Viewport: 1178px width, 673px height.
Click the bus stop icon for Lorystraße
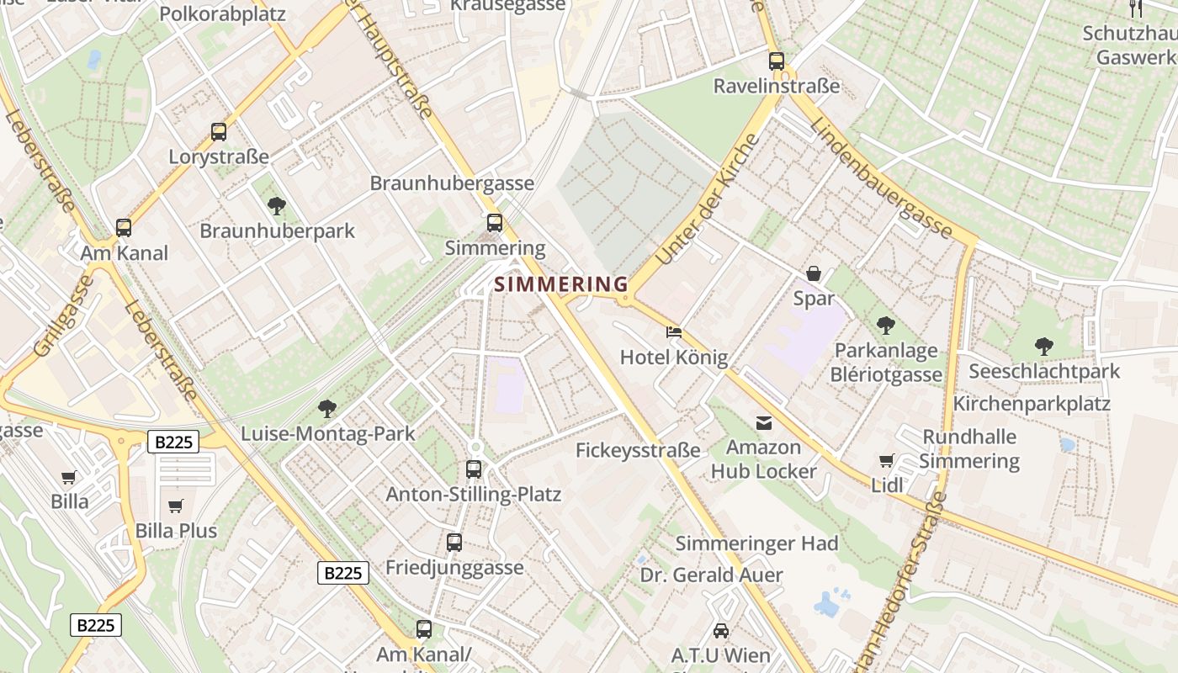pos(219,132)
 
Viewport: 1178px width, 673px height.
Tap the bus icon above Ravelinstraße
pos(776,61)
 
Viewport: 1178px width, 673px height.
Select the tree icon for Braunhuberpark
pos(276,205)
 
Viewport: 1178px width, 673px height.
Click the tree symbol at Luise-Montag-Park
pos(327,409)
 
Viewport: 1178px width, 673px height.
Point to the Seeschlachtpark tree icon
pos(1043,346)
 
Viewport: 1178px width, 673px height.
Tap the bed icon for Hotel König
pos(674,332)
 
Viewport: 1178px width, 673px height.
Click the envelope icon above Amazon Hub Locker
pos(763,423)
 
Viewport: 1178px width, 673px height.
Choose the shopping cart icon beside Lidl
pos(887,460)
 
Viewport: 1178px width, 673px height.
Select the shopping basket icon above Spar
pos(814,273)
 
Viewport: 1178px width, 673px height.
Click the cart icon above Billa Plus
pos(176,506)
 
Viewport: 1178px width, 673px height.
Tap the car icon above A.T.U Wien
pos(721,630)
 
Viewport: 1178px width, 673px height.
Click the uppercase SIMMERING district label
pos(561,284)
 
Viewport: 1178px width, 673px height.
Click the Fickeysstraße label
pos(638,451)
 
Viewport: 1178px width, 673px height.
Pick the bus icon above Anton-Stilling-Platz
pos(474,469)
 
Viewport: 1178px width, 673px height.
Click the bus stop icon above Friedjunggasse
pos(454,543)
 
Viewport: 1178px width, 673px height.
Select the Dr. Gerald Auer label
pos(711,575)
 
